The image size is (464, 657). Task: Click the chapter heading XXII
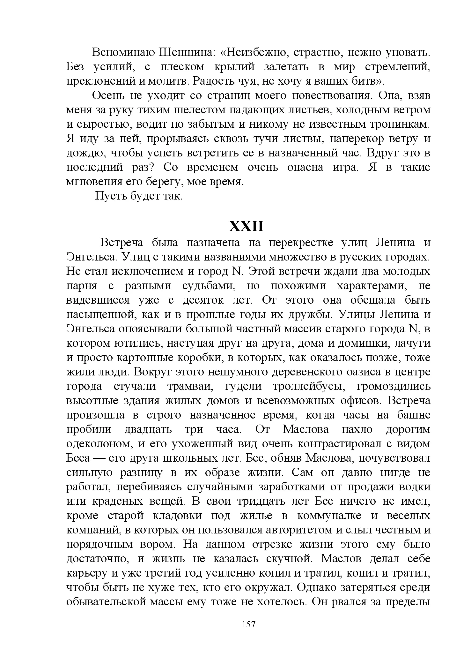point(247,226)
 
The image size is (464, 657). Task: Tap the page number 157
point(249,624)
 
